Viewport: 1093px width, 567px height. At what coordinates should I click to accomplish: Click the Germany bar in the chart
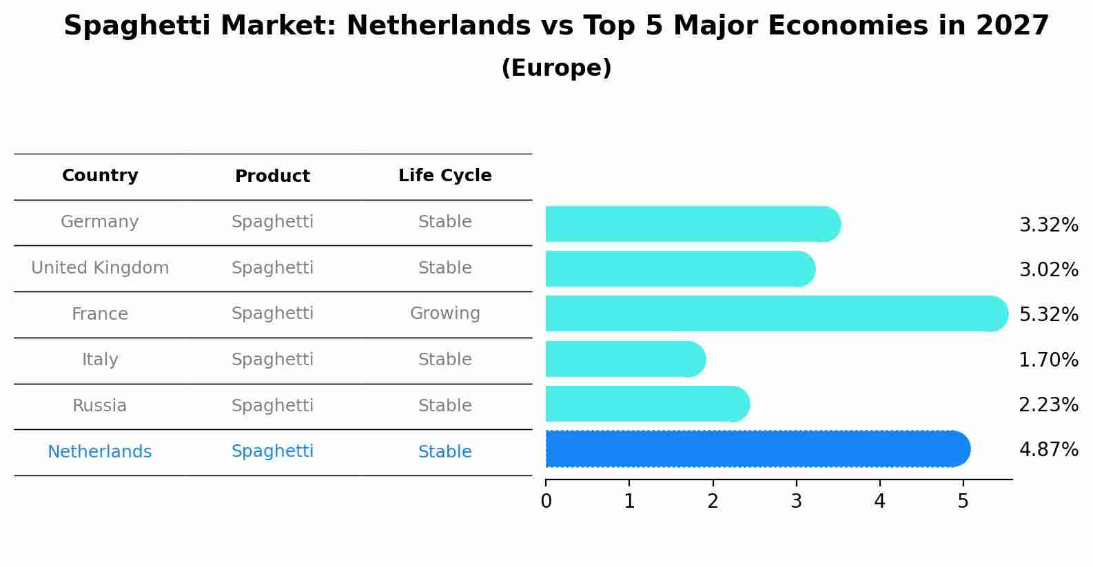(693, 224)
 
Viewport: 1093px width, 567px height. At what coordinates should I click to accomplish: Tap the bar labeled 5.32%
(776, 313)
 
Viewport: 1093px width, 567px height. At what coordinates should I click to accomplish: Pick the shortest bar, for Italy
(625, 359)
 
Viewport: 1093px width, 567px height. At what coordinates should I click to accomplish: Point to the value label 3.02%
(1048, 269)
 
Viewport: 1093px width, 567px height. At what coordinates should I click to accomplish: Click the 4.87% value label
(1048, 450)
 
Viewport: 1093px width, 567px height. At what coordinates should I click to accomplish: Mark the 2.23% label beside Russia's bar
(1048, 404)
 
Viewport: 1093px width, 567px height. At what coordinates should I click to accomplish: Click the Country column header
(100, 176)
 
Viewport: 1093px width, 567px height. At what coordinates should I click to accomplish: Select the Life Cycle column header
(445, 176)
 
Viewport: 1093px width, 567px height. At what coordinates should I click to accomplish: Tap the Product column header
(272, 176)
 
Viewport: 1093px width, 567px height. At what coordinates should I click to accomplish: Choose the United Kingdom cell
(100, 268)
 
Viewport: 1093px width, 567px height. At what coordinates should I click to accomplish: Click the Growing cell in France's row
(445, 313)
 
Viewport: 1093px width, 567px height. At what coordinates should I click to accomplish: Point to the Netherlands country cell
(100, 452)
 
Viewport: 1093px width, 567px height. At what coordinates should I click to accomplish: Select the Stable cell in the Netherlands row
(445, 452)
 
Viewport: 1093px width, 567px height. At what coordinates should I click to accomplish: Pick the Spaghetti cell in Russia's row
(272, 406)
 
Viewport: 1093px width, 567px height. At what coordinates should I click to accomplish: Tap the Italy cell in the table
(100, 360)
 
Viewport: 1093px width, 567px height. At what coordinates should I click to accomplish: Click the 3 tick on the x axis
(796, 501)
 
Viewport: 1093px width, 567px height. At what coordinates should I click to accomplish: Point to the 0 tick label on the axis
(546, 501)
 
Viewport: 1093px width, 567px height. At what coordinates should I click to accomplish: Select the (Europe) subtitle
(556, 68)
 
